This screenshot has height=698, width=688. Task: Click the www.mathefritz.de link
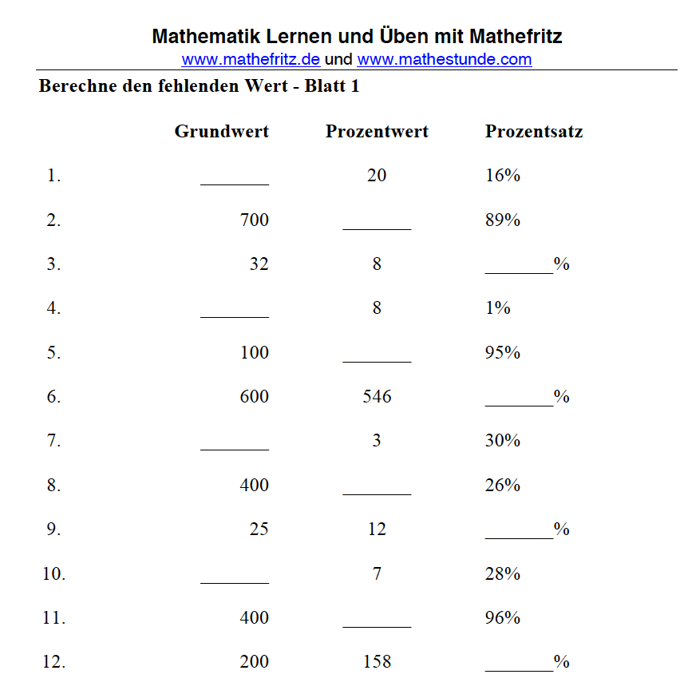[251, 59]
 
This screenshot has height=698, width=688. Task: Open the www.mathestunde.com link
[444, 59]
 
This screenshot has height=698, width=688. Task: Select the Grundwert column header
[221, 132]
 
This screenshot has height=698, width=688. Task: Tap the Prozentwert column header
[377, 132]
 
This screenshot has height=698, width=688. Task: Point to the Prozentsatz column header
[533, 132]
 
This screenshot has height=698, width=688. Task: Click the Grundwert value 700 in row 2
[254, 220]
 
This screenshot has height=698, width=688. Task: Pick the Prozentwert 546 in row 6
[377, 397]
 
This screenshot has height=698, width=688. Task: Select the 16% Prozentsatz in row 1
[502, 176]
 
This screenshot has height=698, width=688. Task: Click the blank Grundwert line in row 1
[235, 180]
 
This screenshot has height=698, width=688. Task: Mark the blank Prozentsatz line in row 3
[519, 269]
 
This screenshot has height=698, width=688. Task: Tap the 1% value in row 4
[497, 308]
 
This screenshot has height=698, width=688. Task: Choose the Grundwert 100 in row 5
[254, 353]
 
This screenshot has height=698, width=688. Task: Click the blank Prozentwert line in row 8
[377, 490]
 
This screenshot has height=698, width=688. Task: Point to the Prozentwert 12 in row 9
[377, 529]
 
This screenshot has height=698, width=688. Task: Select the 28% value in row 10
[502, 573]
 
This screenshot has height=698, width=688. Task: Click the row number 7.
[53, 441]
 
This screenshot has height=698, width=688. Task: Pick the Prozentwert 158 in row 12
[377, 662]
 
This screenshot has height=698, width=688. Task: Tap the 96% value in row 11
[502, 618]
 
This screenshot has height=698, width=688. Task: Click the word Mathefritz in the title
[516, 37]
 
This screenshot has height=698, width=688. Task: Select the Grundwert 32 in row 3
[259, 264]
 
